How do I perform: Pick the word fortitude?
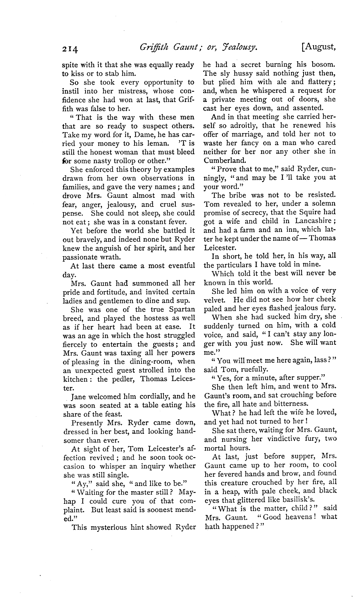(x=117, y=292)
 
